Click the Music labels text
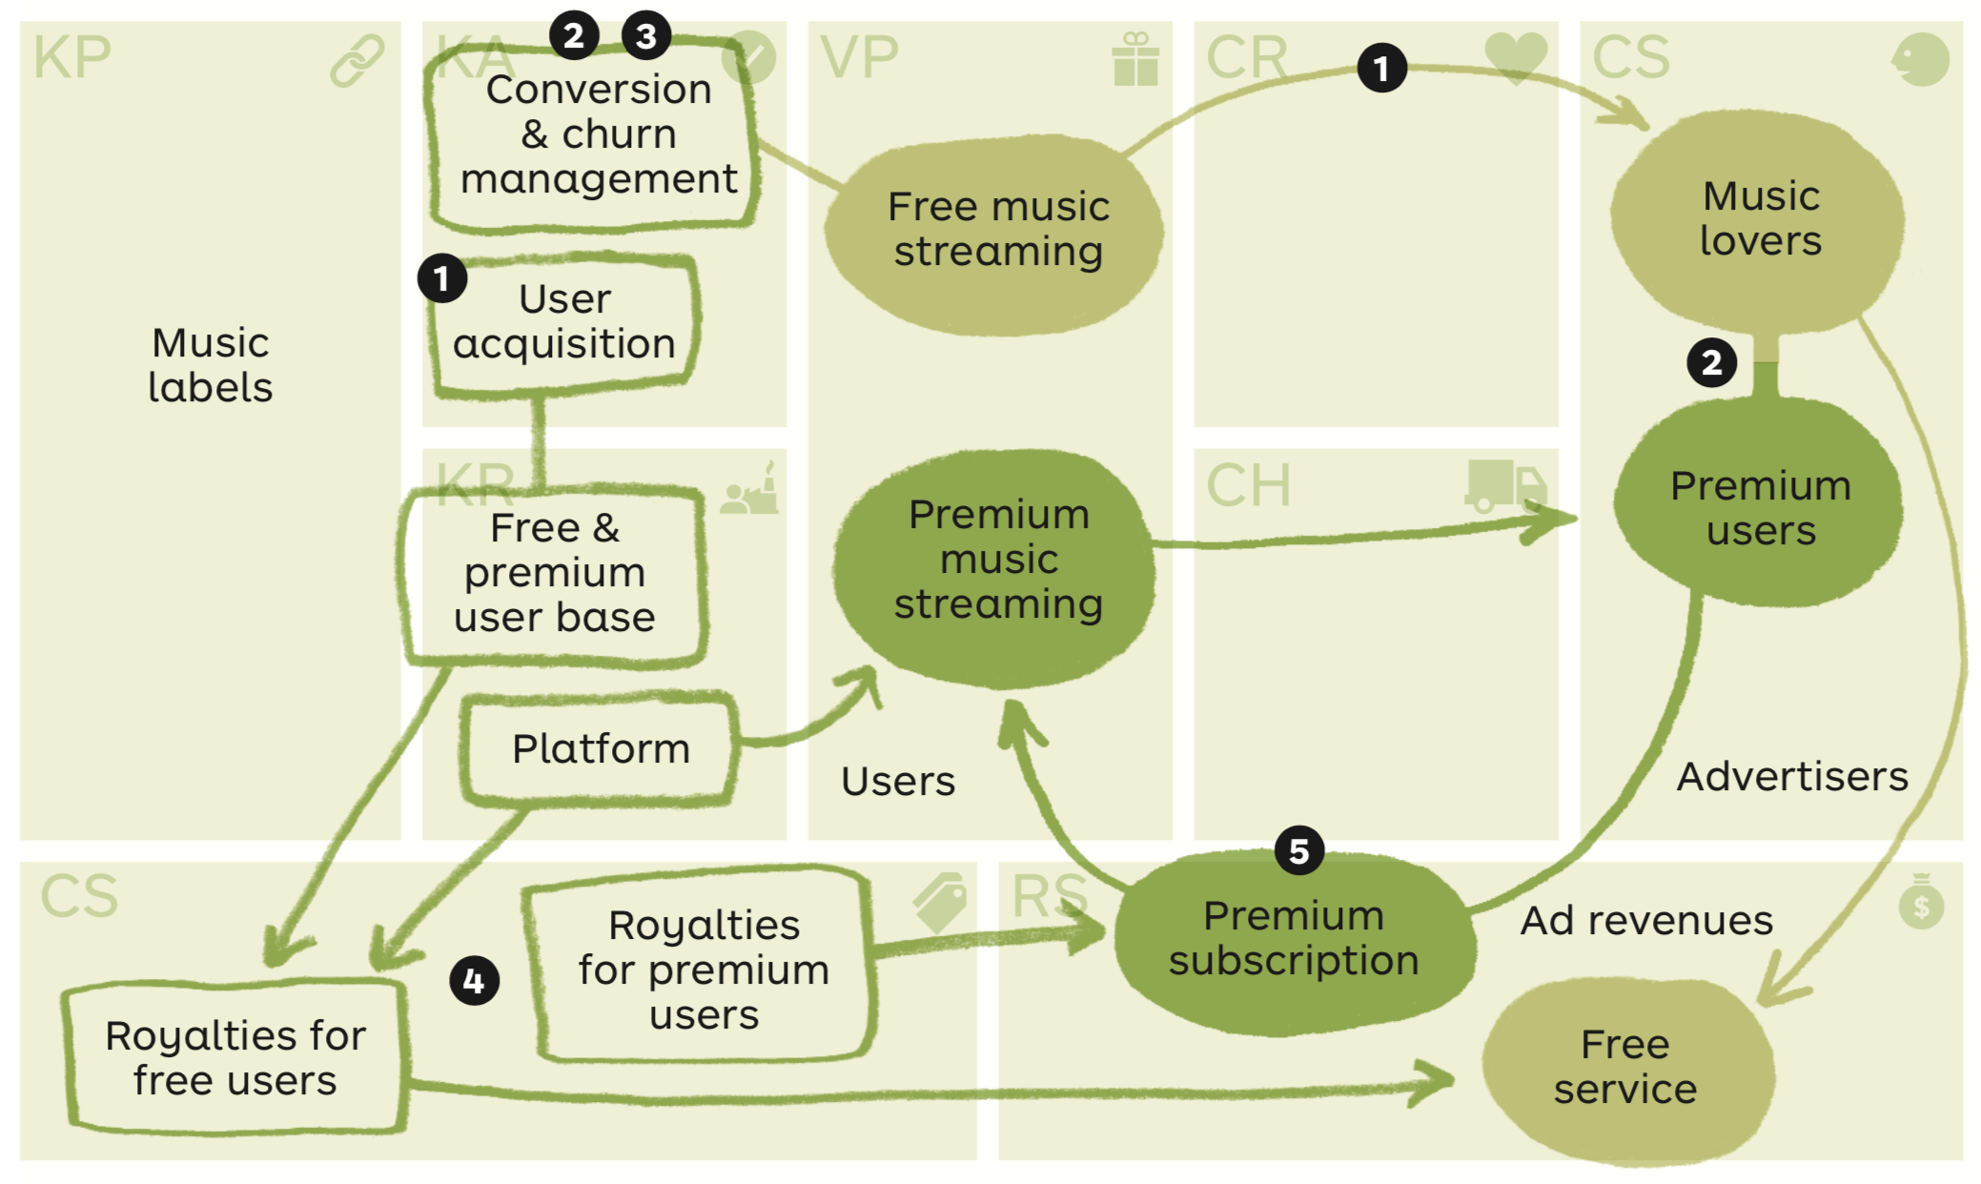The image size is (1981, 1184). tap(211, 365)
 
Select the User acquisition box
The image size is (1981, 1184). tap(564, 322)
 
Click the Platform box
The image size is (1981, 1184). tap(600, 749)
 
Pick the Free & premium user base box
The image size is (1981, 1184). tap(554, 573)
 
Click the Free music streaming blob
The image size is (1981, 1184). tap(997, 231)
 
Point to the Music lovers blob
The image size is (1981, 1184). tap(1760, 219)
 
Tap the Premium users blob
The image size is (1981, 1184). tap(1760, 507)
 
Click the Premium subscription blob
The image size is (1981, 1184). tap(1294, 939)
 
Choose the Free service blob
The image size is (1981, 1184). tap(1624, 1068)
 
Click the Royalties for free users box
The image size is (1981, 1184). tap(235, 1058)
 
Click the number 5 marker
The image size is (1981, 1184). tap(1298, 850)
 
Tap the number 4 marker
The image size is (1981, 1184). tap(474, 981)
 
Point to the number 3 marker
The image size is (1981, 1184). tap(646, 36)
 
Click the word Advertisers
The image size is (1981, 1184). tap(1792, 777)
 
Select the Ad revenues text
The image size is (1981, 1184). tap(1646, 921)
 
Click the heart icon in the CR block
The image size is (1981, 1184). tap(1516, 56)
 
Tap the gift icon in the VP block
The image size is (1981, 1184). tap(1135, 59)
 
